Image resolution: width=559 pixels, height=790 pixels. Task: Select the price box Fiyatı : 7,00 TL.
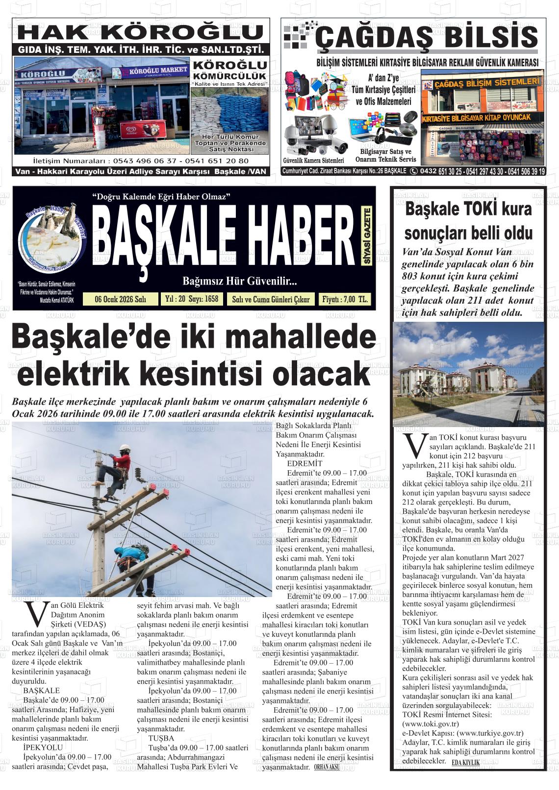[x=344, y=299]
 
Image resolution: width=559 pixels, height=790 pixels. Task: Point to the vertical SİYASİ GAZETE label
[x=367, y=236]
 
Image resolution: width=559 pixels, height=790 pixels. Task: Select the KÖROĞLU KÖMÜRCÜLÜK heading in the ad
[x=229, y=71]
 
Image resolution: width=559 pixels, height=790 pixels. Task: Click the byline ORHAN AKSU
[x=327, y=767]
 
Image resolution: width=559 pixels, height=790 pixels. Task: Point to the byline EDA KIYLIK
[x=465, y=763]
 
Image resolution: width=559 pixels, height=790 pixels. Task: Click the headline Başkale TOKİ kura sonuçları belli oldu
[x=468, y=220]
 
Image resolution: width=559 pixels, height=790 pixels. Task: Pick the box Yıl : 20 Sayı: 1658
[x=192, y=299]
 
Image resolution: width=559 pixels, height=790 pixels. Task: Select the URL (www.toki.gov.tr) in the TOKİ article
[x=430, y=723]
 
